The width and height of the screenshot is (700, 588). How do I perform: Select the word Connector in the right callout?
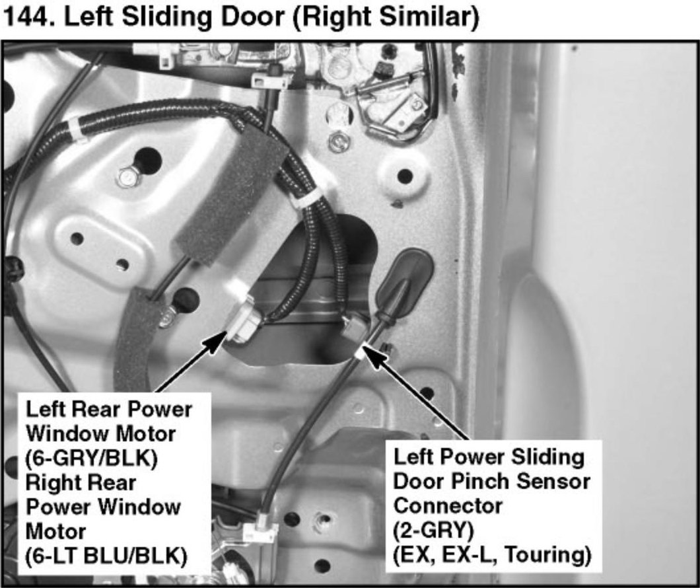(x=448, y=506)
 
